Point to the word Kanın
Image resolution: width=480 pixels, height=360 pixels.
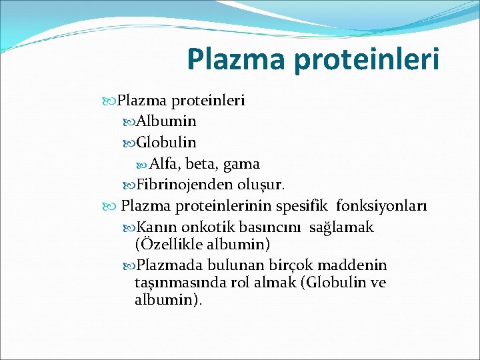coord(158,227)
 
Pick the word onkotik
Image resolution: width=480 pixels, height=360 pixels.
coord(205,227)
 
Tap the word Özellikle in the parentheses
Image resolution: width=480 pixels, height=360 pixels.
coord(169,244)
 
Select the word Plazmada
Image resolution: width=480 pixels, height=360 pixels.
coord(172,265)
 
